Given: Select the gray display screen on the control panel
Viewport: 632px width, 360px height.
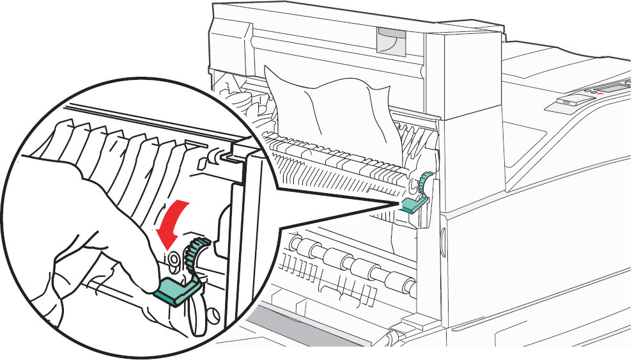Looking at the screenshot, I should coord(611,86).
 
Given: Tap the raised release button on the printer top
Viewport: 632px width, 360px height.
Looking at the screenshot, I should coord(569,101).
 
